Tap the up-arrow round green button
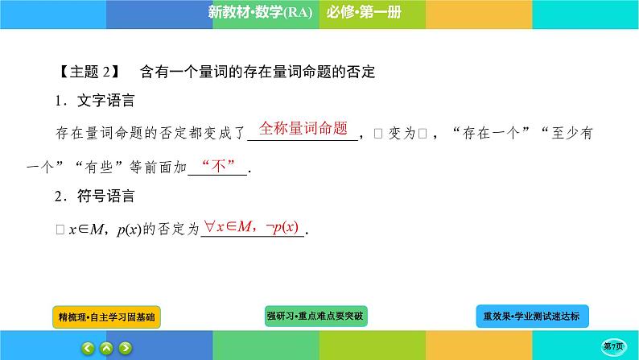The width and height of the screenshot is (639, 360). pyautogui.click(x=105, y=349)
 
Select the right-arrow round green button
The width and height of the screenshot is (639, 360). pyautogui.click(x=125, y=349)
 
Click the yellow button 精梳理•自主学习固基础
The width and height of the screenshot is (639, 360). pyautogui.click(x=105, y=317)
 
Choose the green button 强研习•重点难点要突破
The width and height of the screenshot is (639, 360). pyautogui.click(x=315, y=317)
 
